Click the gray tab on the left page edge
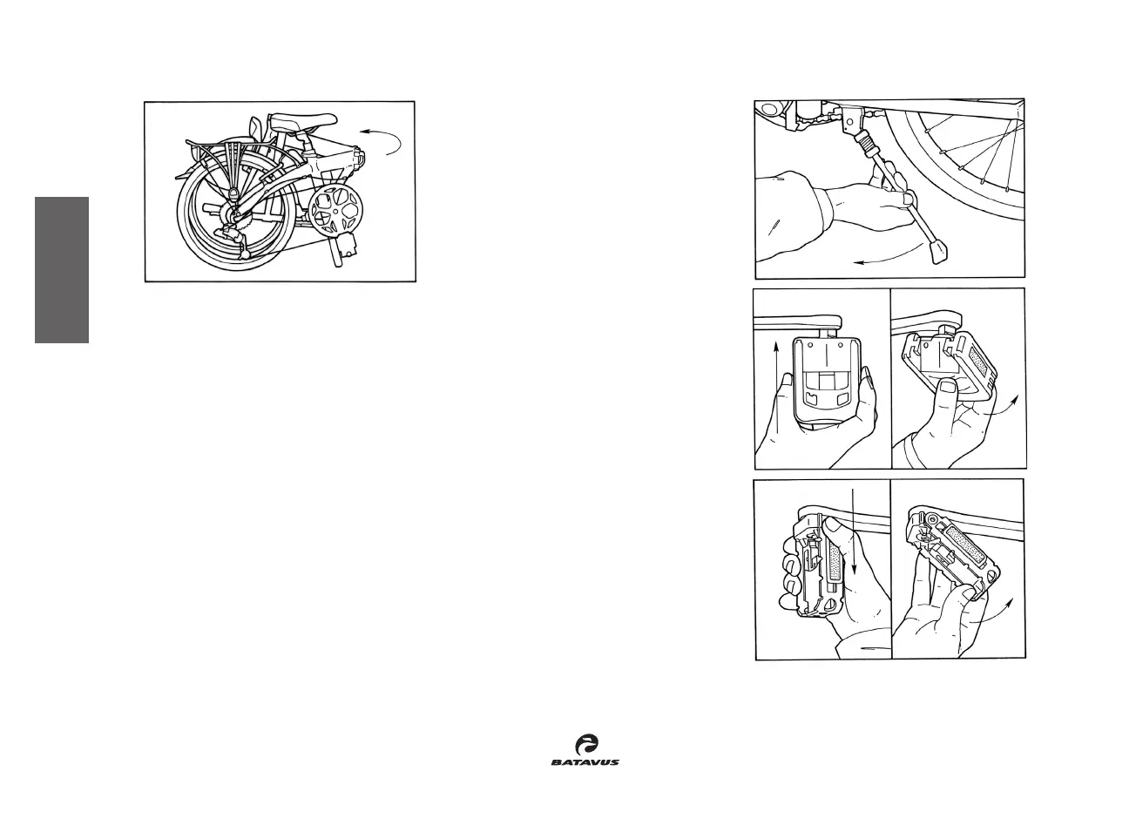(x=62, y=270)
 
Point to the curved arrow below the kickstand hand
(x=889, y=255)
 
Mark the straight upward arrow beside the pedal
(x=776, y=383)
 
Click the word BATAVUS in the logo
(x=585, y=761)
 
